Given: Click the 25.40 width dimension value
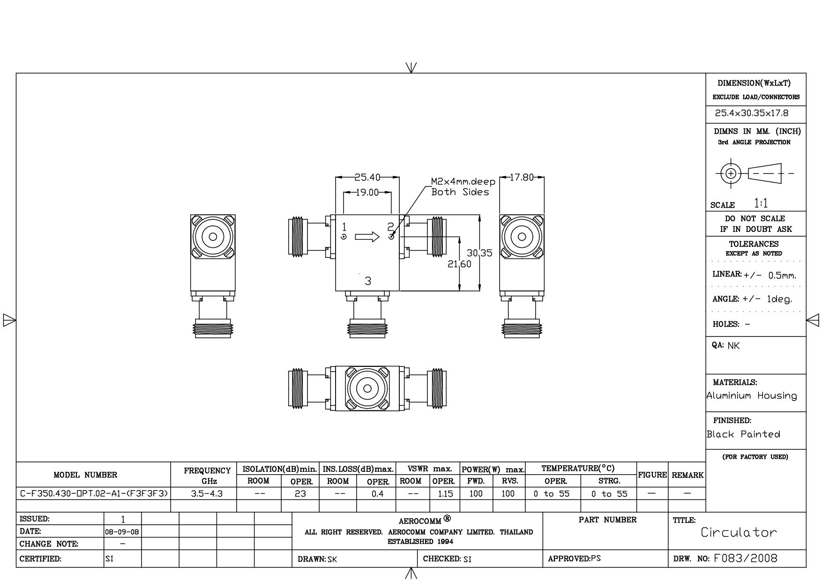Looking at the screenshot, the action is tap(367, 178).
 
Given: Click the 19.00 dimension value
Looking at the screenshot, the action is tap(367, 193).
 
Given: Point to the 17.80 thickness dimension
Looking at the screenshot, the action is tap(522, 178).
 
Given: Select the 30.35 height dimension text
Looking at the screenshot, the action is tap(479, 253).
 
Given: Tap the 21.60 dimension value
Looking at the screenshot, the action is tap(460, 264).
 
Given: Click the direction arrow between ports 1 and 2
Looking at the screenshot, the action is tap(367, 237).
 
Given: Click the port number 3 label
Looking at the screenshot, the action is tap(368, 281).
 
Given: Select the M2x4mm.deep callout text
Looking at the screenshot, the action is tap(463, 181).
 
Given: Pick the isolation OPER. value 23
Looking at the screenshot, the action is tap(300, 493).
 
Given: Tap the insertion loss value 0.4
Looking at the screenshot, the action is tap(378, 493).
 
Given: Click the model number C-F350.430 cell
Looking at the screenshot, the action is tap(94, 493).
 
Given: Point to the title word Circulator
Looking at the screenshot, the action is tap(739, 532).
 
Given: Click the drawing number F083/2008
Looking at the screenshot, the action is tap(746, 558).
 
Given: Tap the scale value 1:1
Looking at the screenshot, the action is tap(761, 203).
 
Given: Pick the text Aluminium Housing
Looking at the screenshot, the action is tap(752, 396).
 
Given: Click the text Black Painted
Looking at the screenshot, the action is tap(744, 434).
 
